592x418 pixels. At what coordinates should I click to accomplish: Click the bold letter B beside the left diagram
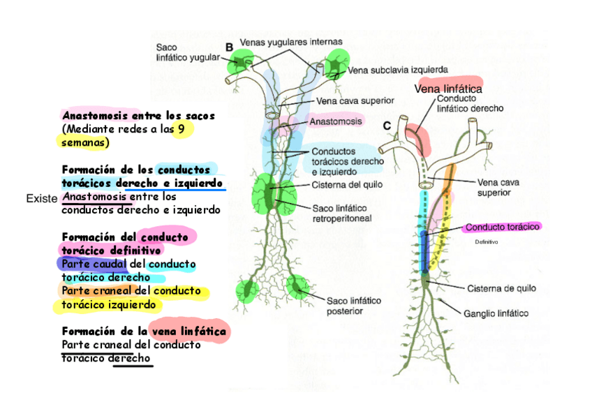point(229,47)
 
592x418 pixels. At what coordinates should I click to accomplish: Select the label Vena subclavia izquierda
point(397,69)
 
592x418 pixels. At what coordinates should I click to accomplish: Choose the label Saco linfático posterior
point(354,306)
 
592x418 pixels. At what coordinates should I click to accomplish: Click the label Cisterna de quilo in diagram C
point(496,288)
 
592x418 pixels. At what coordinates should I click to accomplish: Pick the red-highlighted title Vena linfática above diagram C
point(448,89)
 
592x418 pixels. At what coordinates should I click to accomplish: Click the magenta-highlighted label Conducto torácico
point(503,227)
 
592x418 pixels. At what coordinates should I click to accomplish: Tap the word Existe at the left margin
point(41,199)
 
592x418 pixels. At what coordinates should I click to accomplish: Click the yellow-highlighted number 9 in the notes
point(182,129)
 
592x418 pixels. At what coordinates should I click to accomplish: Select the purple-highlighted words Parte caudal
point(94,264)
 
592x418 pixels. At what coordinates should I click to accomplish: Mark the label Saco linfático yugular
point(179,52)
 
